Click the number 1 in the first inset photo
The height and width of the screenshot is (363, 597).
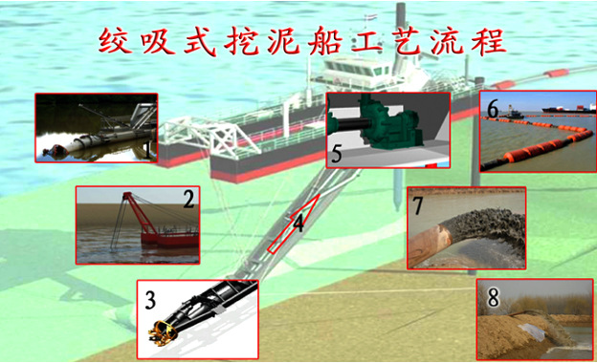[x=147, y=150]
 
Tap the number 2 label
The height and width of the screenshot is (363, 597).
[x=188, y=199]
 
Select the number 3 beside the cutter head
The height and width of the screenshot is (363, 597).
[x=150, y=300]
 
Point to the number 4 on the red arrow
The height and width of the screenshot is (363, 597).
[x=298, y=224]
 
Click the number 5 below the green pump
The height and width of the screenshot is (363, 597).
[x=337, y=154]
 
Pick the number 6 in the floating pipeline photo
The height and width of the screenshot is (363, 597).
[x=493, y=109]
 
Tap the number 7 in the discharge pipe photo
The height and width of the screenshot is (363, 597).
[x=418, y=205]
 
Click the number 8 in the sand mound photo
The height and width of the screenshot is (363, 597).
[x=493, y=298]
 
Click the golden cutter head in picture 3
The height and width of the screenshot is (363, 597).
[x=163, y=333]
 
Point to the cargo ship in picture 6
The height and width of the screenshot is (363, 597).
[x=568, y=109]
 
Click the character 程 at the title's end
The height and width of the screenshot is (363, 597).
[x=489, y=41]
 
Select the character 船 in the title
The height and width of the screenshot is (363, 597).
[x=324, y=41]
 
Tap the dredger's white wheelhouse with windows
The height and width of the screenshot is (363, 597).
[x=358, y=72]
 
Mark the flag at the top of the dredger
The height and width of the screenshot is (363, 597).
[x=368, y=17]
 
